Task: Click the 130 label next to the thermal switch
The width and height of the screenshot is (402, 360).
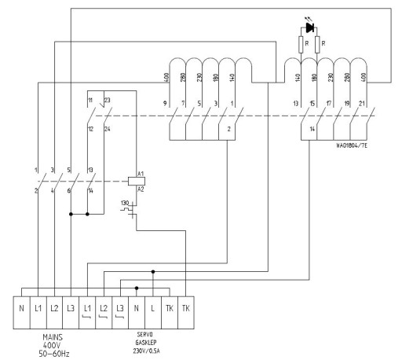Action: tap(123, 204)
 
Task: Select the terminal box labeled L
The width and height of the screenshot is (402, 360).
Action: tap(153, 305)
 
